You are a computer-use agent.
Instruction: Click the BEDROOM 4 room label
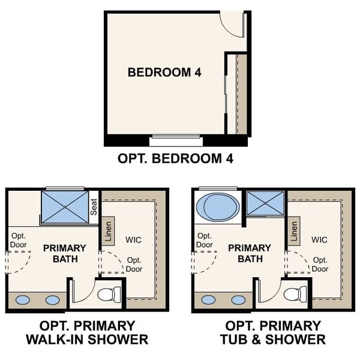coord(164,73)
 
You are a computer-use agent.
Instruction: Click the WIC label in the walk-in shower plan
coord(134,239)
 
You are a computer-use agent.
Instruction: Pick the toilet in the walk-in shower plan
coord(109,294)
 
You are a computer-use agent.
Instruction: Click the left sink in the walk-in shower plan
coord(25,300)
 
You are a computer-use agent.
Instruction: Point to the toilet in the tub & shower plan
coord(294,294)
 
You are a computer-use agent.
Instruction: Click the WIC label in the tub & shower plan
coord(319,239)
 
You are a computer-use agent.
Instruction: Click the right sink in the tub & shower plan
coord(238,300)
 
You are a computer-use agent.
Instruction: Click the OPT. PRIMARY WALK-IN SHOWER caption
coord(87,332)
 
